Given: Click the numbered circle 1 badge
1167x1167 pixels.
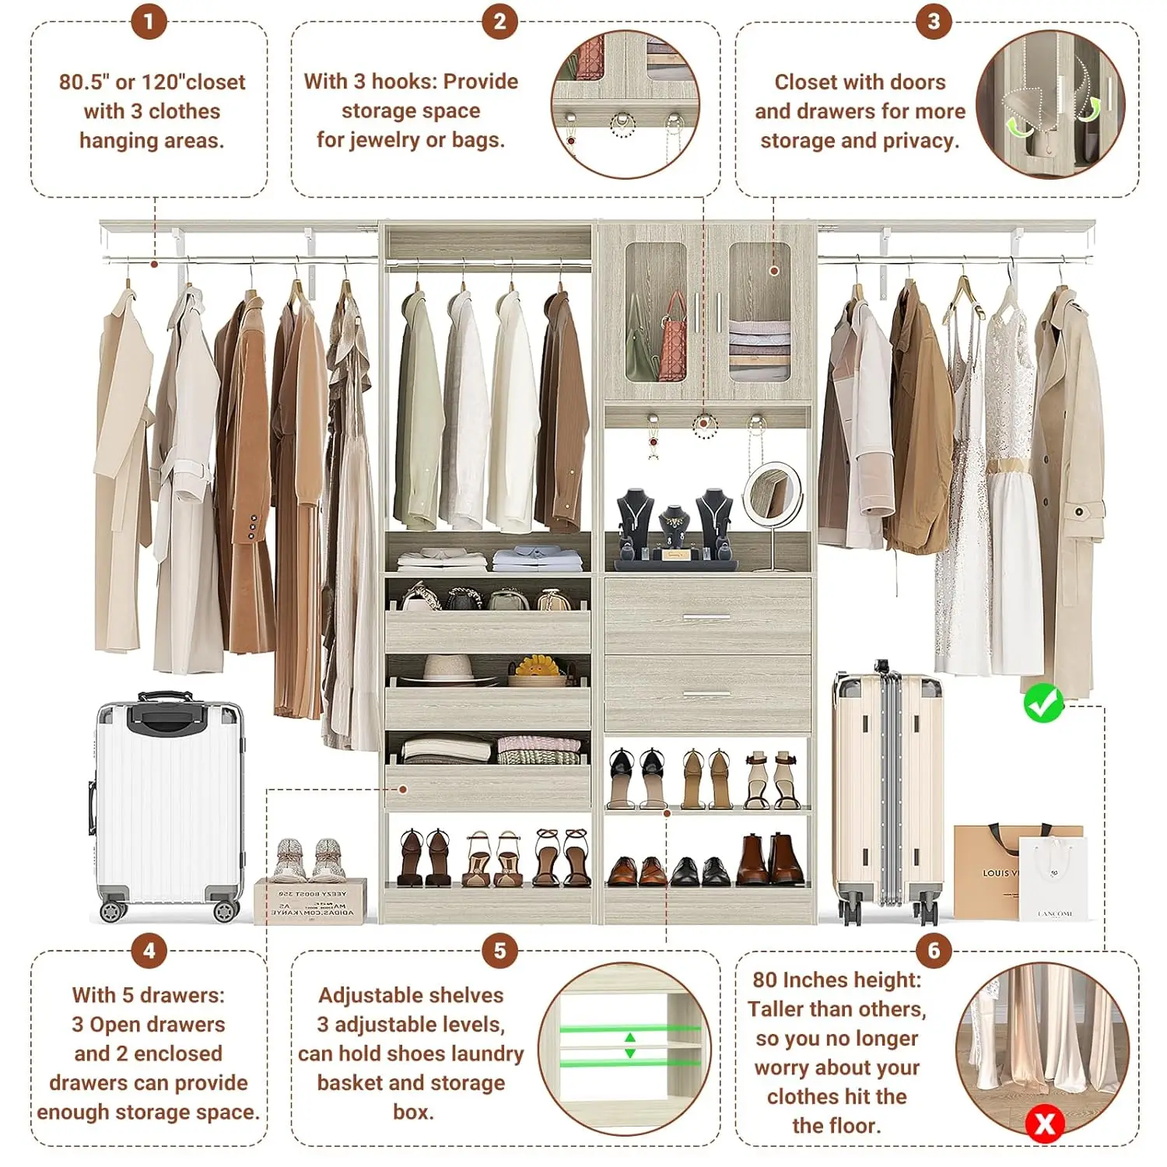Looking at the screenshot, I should pyautogui.click(x=149, y=21).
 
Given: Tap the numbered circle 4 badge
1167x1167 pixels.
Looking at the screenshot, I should pyautogui.click(x=149, y=951).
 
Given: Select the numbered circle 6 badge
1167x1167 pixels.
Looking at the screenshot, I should pyautogui.click(x=934, y=951).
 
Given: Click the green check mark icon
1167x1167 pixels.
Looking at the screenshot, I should pyautogui.click(x=1043, y=703).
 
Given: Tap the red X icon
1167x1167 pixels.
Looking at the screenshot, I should pyautogui.click(x=1045, y=1123).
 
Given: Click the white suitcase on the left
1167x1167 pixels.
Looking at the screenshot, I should pyautogui.click(x=168, y=805).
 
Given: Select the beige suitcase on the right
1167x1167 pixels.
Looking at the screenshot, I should pyautogui.click(x=887, y=794).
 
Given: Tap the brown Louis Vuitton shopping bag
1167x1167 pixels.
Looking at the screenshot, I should pyautogui.click(x=992, y=871).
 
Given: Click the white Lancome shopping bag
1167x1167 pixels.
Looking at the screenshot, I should pyautogui.click(x=1054, y=879).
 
